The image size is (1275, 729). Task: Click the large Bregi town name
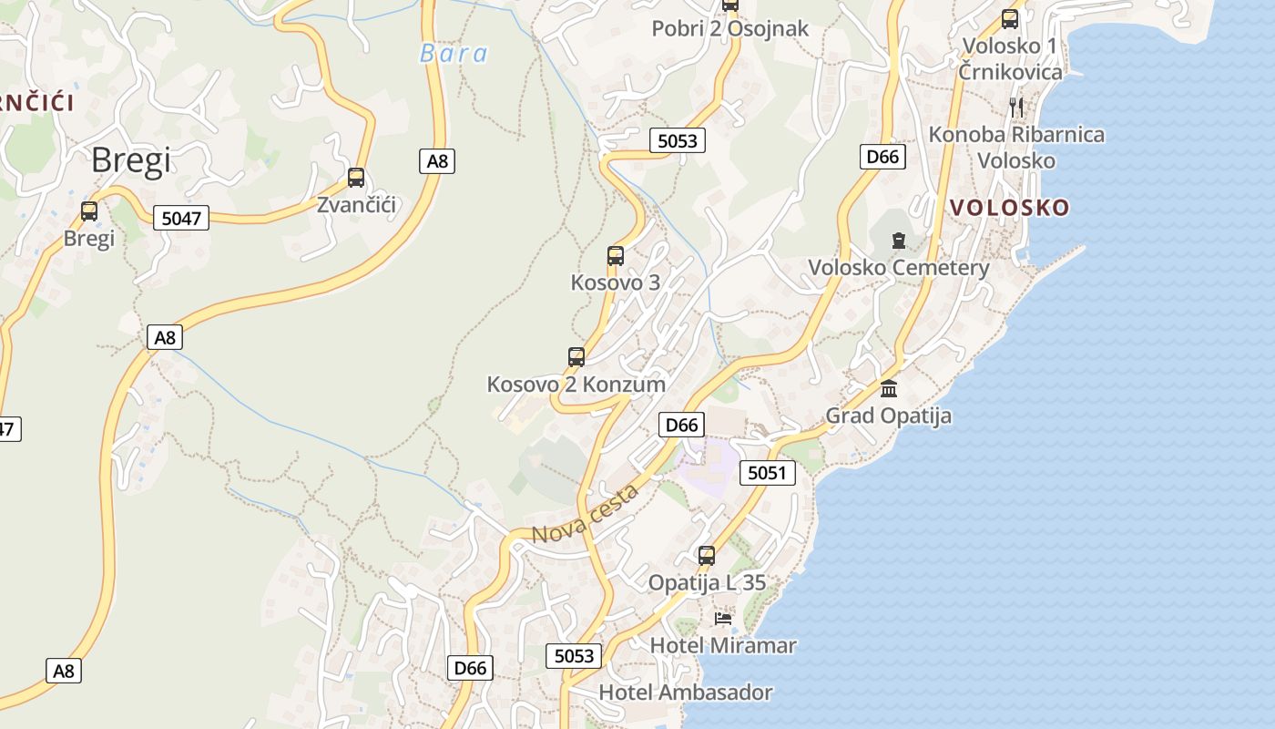(131, 161)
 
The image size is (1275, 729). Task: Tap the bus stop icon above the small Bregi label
(88, 211)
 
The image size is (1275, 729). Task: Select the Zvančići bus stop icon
(356, 178)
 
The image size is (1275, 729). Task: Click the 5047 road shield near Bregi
(181, 218)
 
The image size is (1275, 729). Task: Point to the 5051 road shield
(767, 473)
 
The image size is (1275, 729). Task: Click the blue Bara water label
(453, 54)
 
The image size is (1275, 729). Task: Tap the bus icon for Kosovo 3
(616, 256)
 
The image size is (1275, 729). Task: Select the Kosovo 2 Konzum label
(576, 384)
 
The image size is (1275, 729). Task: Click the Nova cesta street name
(585, 515)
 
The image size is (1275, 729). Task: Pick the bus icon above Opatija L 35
(707, 555)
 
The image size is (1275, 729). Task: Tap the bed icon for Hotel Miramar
(723, 619)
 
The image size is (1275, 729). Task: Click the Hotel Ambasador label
(685, 693)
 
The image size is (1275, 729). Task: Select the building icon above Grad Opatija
(889, 389)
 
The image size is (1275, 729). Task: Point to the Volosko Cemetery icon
(899, 241)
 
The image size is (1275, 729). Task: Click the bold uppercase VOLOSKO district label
(1009, 208)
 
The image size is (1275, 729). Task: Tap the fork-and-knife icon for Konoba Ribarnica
(1016, 108)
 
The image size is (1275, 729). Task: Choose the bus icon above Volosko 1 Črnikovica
(1010, 18)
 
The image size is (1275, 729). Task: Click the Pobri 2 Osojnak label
(729, 29)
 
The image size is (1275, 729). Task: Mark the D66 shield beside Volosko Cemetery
(882, 157)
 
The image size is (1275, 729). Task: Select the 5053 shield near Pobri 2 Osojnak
(677, 140)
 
